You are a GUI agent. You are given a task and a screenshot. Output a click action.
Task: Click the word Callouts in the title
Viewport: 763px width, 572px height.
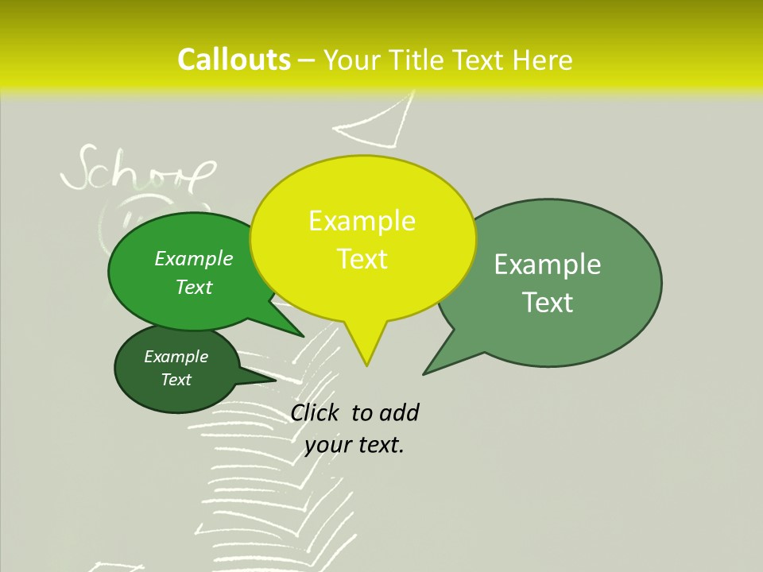point(234,60)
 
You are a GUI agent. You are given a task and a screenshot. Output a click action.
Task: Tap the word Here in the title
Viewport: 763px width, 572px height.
point(542,60)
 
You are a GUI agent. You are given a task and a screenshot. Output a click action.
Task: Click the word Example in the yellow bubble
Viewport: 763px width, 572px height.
point(362,221)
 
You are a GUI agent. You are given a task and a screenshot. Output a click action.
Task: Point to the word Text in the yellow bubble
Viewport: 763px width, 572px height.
point(362,259)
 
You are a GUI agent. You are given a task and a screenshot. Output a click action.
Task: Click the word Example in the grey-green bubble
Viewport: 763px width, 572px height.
point(548,265)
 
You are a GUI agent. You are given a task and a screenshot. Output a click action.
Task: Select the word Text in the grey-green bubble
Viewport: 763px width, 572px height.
point(548,303)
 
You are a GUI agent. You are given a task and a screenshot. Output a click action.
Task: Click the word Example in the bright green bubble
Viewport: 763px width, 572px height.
point(194,258)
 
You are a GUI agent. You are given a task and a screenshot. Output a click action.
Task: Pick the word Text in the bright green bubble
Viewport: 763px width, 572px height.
point(194,287)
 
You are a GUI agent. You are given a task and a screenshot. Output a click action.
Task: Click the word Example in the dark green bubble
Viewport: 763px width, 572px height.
point(176,357)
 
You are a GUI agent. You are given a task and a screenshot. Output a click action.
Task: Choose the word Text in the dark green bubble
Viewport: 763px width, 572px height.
point(176,380)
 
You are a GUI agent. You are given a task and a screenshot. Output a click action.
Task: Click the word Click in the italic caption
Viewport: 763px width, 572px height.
point(317,412)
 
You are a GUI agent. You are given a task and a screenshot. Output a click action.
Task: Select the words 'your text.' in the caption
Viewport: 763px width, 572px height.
point(354,445)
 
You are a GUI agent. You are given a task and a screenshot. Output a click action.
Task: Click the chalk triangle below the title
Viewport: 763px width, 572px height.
point(381,125)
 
